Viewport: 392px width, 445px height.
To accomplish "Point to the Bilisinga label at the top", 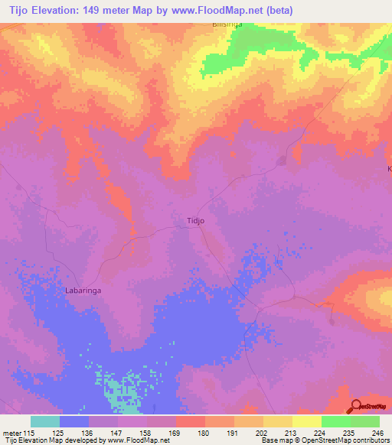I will point(227,25).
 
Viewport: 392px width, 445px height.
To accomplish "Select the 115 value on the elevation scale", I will point(31,432).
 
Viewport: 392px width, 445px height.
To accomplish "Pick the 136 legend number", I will point(89,432).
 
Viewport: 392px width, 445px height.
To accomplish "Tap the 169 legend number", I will point(176,432).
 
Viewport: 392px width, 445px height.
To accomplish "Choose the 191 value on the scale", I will point(234,432).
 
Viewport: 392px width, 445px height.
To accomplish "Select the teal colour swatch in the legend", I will point(45,421).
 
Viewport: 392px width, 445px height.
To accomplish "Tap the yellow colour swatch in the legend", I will point(307,421).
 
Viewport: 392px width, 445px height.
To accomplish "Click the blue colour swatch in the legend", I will point(74,421).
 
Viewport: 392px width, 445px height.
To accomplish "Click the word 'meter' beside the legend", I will point(11,432).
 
